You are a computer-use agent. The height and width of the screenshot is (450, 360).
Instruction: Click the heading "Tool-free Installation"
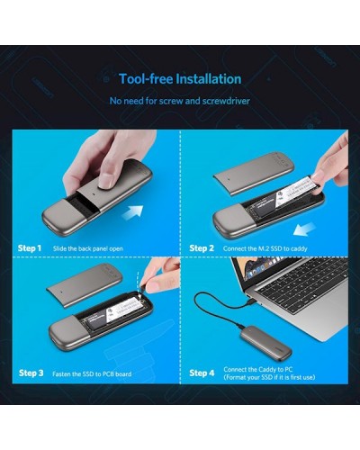[x=180, y=79]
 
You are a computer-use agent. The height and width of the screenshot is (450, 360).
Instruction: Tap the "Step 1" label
[x=30, y=248]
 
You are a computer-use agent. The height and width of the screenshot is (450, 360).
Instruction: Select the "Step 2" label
[x=202, y=248]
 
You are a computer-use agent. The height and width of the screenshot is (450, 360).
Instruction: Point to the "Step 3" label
[x=31, y=373]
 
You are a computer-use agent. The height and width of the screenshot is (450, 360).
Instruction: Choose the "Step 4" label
[x=202, y=373]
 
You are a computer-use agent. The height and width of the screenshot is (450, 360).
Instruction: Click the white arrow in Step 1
[x=132, y=213]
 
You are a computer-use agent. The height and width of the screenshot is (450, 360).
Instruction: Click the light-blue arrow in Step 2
[x=304, y=229]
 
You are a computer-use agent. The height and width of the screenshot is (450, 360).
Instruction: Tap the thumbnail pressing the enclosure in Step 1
[x=106, y=181]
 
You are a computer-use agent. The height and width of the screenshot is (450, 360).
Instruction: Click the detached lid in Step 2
[x=254, y=173]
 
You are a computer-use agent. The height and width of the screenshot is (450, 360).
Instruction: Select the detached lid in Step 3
[x=85, y=285]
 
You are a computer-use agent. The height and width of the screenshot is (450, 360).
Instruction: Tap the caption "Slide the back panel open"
[x=88, y=248]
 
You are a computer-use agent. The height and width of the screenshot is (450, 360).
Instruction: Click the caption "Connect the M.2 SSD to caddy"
[x=265, y=248]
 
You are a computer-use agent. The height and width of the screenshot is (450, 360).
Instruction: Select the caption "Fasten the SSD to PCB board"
[x=92, y=373]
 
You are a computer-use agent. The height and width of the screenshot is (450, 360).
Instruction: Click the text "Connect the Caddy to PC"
[x=258, y=369]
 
